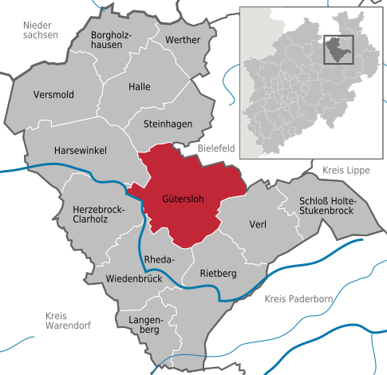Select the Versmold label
(x=53, y=95)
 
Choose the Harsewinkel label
(x=80, y=150)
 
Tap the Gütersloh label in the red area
(x=183, y=199)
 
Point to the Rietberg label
(x=218, y=274)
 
